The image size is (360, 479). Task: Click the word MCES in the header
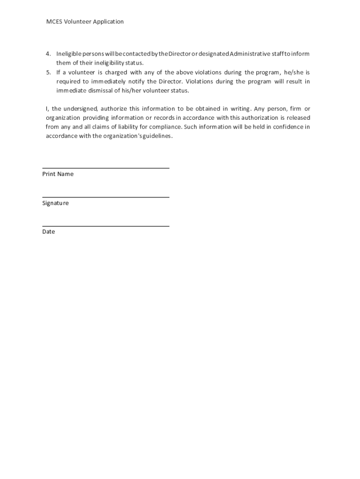click(54, 22)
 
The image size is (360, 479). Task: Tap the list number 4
click(48, 54)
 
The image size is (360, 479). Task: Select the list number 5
click(48, 73)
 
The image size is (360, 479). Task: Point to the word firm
click(296, 109)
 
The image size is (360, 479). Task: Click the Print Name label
click(58, 174)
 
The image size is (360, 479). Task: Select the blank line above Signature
click(106, 197)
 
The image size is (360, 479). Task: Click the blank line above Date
click(106, 226)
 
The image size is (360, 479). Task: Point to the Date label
click(49, 232)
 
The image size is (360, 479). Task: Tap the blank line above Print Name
click(106, 168)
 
